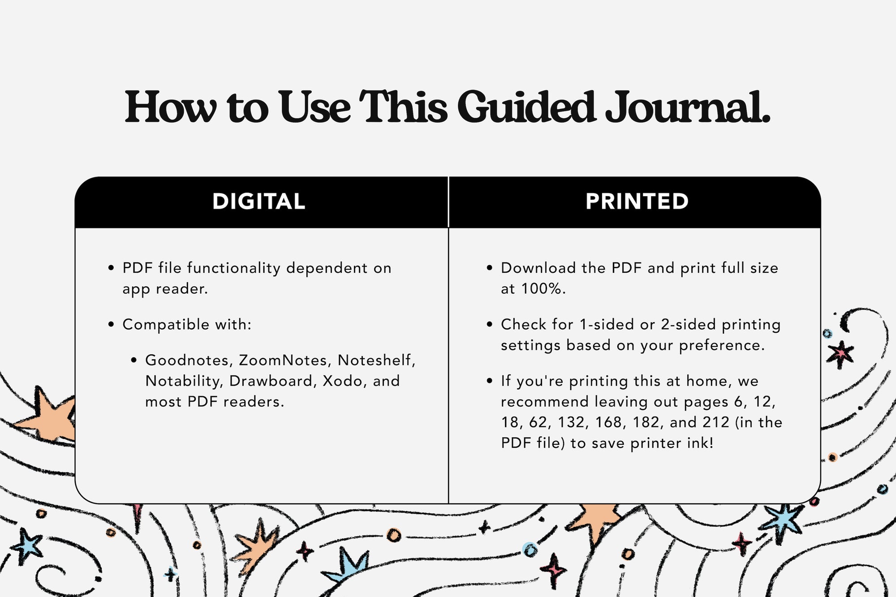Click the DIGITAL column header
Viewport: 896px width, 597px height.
259,202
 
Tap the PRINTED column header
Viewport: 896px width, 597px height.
637,202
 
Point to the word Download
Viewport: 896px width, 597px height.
538,268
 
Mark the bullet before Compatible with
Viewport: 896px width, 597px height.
111,324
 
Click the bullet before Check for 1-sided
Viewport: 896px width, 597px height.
490,324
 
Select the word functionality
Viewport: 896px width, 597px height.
233,268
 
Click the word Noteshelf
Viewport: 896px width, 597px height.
376,361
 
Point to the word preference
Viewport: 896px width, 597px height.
722,346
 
